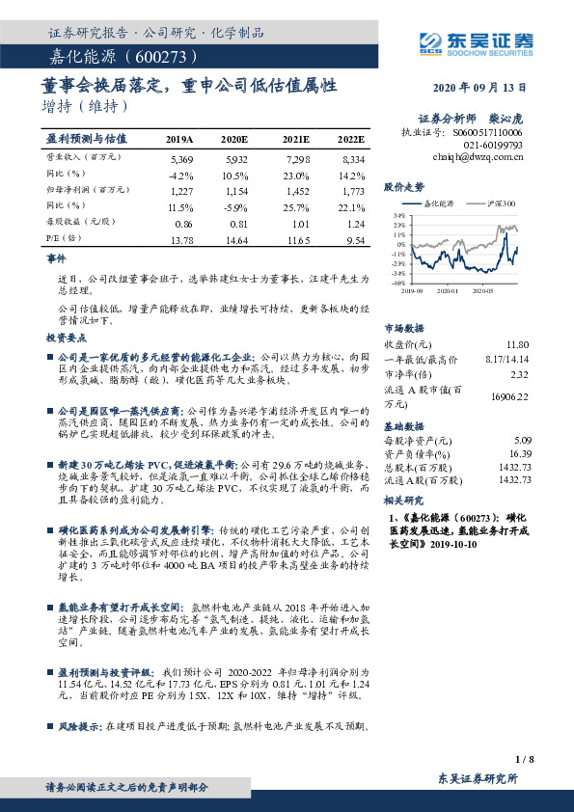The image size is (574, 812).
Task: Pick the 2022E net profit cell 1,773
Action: [x=352, y=192]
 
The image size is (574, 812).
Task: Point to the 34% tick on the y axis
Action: [x=399, y=214]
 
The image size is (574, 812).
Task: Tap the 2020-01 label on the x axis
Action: [x=446, y=287]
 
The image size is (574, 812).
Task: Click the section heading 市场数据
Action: [x=402, y=327]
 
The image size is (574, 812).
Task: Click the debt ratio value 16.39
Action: [x=518, y=452]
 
